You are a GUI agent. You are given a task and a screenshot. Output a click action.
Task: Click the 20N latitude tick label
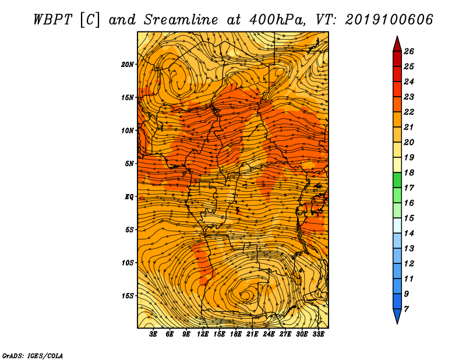128,65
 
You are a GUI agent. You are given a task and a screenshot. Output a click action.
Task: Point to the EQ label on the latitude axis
129,197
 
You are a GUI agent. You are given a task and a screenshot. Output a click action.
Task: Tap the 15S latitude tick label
128,296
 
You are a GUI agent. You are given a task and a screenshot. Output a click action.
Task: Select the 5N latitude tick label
129,164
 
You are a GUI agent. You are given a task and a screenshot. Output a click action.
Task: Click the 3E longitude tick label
153,334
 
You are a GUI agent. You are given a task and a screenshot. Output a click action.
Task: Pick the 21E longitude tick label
252,334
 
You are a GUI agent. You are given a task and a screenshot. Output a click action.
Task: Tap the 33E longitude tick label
318,334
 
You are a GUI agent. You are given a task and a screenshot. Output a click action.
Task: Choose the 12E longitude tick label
202,334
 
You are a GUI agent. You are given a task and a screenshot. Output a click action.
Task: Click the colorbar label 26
409,51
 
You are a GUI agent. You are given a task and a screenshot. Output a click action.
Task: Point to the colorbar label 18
409,172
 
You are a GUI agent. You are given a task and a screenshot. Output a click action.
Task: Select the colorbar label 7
407,309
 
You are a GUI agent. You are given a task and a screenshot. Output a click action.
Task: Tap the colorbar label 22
409,112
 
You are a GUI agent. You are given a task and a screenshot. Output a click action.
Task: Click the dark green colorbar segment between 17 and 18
397,180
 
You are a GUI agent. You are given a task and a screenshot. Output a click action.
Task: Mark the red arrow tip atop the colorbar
397,36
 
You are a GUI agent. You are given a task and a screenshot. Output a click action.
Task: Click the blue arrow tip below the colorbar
397,323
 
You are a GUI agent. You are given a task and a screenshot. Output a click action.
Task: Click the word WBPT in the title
52,20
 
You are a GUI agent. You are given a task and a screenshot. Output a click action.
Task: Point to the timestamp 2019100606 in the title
389,20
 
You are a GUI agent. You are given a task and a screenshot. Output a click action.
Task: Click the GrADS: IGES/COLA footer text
33,356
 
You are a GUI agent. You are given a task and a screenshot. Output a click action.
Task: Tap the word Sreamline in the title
181,20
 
